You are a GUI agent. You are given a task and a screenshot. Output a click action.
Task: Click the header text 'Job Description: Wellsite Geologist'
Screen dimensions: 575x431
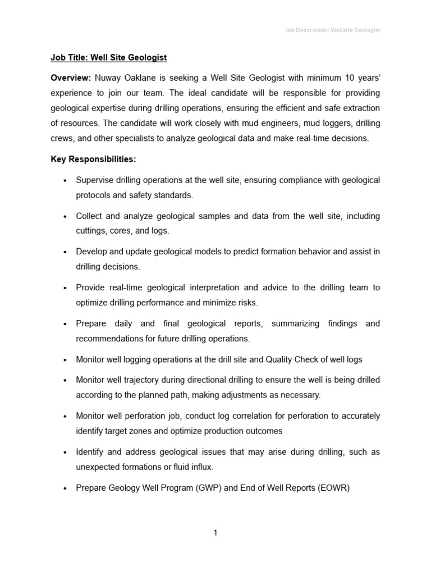(x=330, y=30)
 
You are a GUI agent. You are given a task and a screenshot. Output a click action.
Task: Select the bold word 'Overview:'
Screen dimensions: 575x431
(x=71, y=77)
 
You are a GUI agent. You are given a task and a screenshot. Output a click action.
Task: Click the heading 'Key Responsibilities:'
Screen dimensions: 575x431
(x=93, y=159)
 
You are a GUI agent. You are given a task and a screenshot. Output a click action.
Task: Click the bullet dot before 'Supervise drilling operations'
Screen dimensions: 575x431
(x=66, y=181)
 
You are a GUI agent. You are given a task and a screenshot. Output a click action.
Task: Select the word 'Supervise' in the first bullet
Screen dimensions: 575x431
(x=95, y=180)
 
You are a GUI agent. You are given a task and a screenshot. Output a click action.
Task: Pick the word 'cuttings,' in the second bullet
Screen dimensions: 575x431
(x=92, y=231)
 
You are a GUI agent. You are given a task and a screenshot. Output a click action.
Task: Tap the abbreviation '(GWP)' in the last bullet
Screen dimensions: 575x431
(x=209, y=488)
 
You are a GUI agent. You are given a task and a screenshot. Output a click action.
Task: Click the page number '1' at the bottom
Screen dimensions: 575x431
(x=215, y=533)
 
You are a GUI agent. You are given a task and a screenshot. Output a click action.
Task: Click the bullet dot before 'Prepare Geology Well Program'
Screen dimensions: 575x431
(x=66, y=489)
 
